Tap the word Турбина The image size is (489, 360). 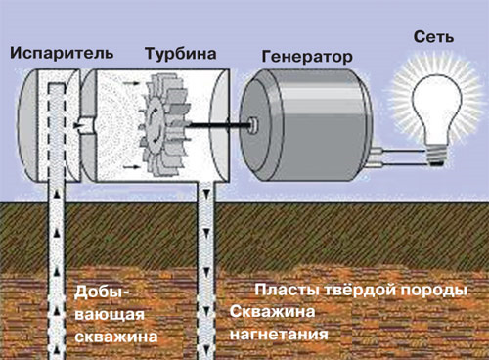(176, 51)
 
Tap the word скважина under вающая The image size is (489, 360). (116, 337)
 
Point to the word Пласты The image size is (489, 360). (284, 291)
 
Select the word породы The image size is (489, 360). (430, 291)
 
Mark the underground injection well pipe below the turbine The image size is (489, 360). (208, 274)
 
